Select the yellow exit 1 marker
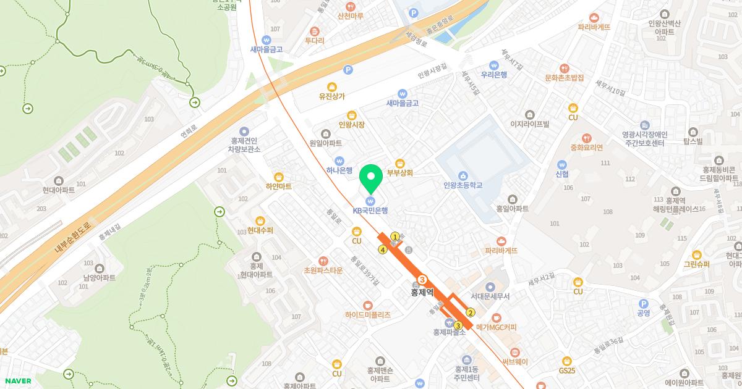coord(395,236)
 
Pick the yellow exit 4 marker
coord(383,249)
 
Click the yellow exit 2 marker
coord(471,312)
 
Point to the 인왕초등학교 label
coord(463,185)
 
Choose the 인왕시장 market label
coord(352,124)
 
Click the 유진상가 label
coord(332,96)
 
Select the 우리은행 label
coord(493,74)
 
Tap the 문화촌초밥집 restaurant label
coord(565,78)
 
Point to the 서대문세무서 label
coord(490,296)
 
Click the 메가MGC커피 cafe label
coord(496,327)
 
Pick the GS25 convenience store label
coord(567,370)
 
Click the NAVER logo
coord(17,381)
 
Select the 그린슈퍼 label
coord(697,264)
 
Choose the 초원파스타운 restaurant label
coord(323,270)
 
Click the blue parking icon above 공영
coord(643,303)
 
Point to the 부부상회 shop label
coord(400,173)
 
